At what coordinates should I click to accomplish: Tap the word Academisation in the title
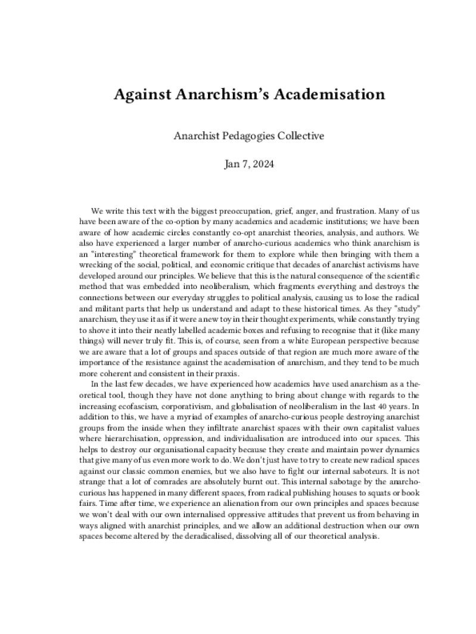click(321, 95)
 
